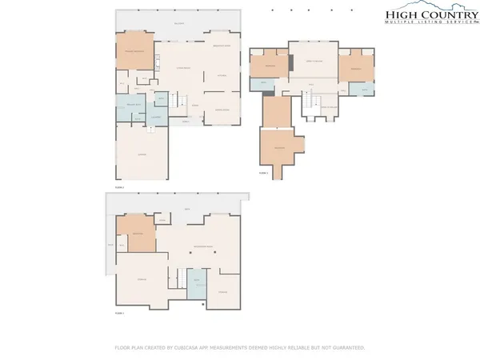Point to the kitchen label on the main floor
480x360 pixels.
pyautogui.click(x=222, y=76)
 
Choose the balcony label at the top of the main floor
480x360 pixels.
pyautogui.click(x=179, y=23)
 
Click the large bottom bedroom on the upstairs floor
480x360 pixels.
pyautogui.click(x=279, y=148)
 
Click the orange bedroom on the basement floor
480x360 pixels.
pyautogui.click(x=137, y=234)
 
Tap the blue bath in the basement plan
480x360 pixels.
pyautogui.click(x=197, y=285)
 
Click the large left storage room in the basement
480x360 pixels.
pyautogui.click(x=142, y=278)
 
